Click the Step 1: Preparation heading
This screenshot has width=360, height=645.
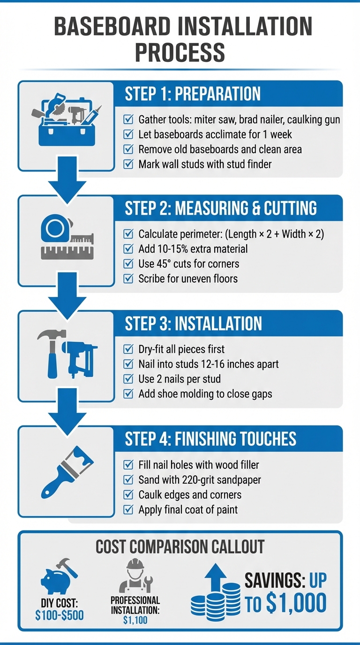pyautogui.click(x=193, y=94)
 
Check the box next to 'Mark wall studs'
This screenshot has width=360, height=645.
pyautogui.click(x=127, y=164)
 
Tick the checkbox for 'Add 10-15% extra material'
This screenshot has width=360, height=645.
pyautogui.click(x=127, y=248)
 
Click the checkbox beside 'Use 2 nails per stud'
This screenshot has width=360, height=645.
pyautogui.click(x=127, y=379)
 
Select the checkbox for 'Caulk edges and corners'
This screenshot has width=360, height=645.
pyautogui.click(x=127, y=495)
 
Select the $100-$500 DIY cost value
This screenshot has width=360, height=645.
pyautogui.click(x=60, y=614)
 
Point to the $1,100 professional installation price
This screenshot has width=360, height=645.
pyautogui.click(x=135, y=620)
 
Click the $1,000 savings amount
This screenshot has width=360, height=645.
pyautogui.click(x=296, y=603)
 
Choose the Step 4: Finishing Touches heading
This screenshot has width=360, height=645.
pyautogui.click(x=210, y=439)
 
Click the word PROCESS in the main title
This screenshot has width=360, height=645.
pyautogui.click(x=180, y=52)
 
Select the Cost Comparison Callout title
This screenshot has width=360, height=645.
pyautogui.click(x=180, y=547)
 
